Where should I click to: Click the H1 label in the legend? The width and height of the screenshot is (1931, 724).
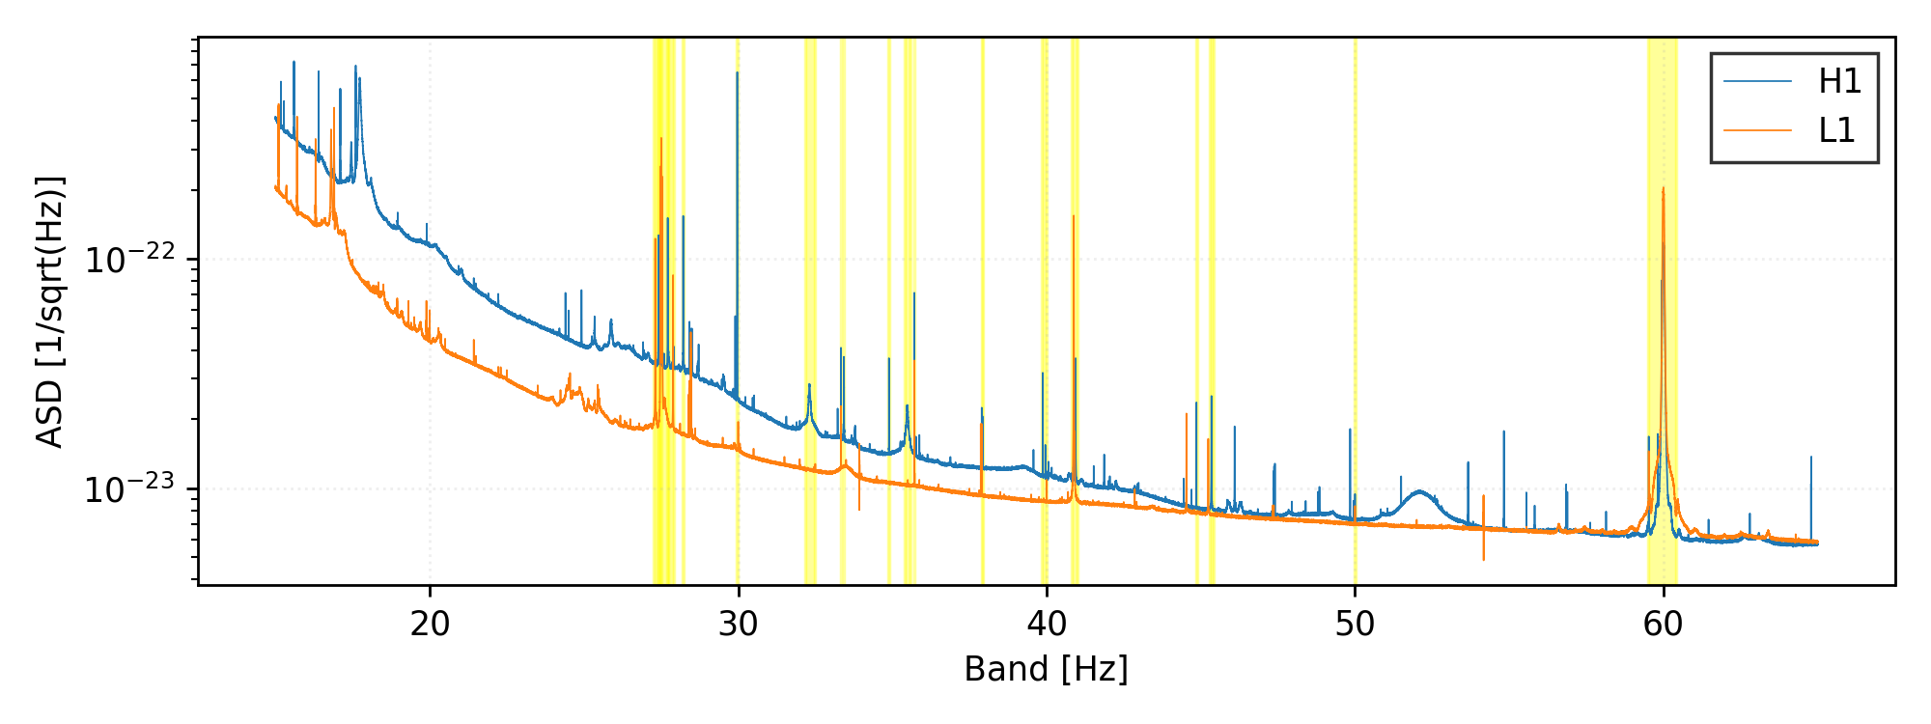pyautogui.click(x=1839, y=82)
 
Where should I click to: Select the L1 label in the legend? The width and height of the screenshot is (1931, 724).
pyautogui.click(x=1836, y=130)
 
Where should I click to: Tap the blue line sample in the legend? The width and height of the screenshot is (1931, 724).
pyautogui.click(x=1758, y=82)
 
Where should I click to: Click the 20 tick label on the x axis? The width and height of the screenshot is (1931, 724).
pyautogui.click(x=430, y=625)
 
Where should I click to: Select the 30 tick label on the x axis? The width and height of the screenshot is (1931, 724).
pyautogui.click(x=738, y=625)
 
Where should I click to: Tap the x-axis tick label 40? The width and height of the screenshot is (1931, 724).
pyautogui.click(x=1047, y=625)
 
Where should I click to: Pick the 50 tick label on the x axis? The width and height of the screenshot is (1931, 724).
pyautogui.click(x=1355, y=625)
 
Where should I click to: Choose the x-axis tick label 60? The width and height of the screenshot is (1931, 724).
pyautogui.click(x=1663, y=625)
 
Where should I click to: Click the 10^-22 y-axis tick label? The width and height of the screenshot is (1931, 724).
pyautogui.click(x=129, y=260)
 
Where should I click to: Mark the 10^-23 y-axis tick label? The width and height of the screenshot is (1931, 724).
pyautogui.click(x=129, y=489)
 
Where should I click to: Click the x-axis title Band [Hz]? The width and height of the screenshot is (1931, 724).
pyautogui.click(x=1046, y=669)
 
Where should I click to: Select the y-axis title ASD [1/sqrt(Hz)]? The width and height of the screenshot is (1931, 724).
pyautogui.click(x=50, y=312)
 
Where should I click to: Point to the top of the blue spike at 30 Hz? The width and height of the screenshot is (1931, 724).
pyautogui.click(x=737, y=72)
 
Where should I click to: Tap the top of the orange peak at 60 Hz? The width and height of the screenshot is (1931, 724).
pyautogui.click(x=1663, y=188)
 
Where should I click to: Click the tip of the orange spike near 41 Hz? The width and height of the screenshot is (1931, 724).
pyautogui.click(x=1073, y=216)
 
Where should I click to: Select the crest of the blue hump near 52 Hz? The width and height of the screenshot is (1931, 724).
pyautogui.click(x=1418, y=491)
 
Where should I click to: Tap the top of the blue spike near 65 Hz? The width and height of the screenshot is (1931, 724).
pyautogui.click(x=1810, y=457)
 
